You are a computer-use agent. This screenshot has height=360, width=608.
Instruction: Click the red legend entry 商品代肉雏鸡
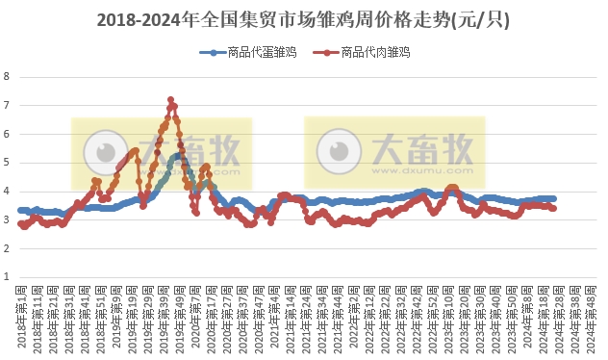click(366, 54)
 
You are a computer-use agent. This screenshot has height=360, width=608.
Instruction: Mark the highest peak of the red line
click(170, 100)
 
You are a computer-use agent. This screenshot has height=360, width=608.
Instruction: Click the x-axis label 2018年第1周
click(21, 318)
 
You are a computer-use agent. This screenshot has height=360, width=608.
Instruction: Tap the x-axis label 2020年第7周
click(195, 318)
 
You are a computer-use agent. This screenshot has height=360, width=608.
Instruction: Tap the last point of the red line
click(552, 208)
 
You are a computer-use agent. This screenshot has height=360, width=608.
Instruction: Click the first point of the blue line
click(20, 210)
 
